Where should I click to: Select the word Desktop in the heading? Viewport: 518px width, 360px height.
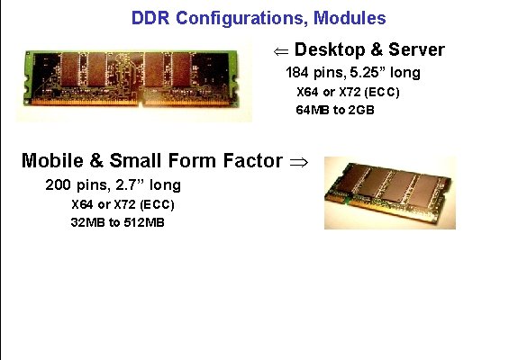tap(329, 49)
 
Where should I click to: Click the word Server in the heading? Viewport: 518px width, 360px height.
tap(416, 49)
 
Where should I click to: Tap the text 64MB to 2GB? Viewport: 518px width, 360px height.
tap(334, 110)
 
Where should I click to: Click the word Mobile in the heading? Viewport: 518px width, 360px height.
tap(52, 161)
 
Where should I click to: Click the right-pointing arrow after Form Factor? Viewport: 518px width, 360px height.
tap(298, 162)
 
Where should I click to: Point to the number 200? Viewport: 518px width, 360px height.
tap(59, 185)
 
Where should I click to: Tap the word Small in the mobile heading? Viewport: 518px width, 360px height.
tap(136, 161)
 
